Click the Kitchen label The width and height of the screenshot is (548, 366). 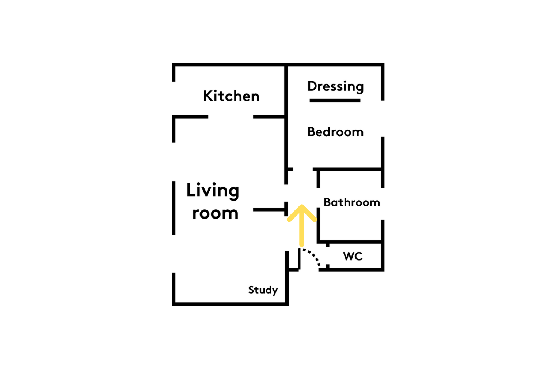(231, 96)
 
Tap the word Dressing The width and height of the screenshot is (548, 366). (335, 87)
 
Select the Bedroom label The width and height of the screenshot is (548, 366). (335, 132)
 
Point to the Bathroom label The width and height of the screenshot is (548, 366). (352, 202)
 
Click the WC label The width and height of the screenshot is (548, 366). (353, 256)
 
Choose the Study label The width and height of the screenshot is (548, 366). (263, 290)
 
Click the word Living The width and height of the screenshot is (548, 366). (213, 191)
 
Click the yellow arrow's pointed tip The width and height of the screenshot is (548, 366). (302, 206)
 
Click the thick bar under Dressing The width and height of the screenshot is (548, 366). (335, 101)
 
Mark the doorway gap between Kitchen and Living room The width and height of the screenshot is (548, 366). (231, 117)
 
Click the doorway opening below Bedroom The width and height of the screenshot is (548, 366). (303, 169)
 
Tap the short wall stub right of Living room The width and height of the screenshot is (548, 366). (269, 210)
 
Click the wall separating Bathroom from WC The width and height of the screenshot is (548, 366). (350, 242)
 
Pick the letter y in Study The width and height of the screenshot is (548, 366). (275, 291)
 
